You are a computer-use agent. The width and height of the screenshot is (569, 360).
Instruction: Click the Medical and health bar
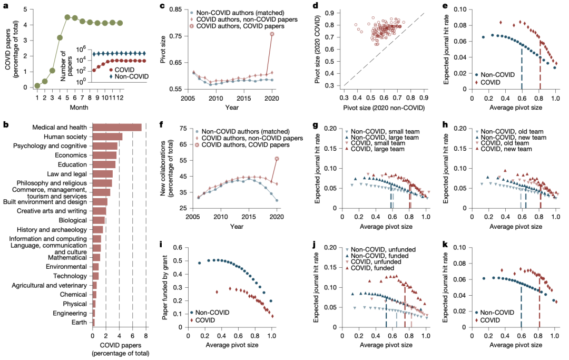click(x=117, y=128)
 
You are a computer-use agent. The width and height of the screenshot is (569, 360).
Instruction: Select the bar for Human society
click(x=107, y=137)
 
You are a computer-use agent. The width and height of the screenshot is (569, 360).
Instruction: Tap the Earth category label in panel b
click(x=79, y=322)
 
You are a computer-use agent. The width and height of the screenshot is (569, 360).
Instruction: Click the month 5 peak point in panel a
click(x=67, y=17)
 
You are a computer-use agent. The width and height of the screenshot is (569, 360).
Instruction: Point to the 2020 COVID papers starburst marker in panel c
click(x=272, y=34)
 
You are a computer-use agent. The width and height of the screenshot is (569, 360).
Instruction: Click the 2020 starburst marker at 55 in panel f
click(x=277, y=159)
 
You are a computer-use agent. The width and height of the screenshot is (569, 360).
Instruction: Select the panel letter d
click(x=316, y=6)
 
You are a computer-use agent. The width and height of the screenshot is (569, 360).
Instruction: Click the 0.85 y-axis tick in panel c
click(x=175, y=9)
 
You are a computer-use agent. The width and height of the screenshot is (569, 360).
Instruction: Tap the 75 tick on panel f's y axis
click(x=183, y=129)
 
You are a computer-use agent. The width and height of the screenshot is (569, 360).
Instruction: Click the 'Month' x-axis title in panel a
click(x=79, y=108)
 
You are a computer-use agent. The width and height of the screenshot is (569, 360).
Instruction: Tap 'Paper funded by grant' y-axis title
click(x=165, y=287)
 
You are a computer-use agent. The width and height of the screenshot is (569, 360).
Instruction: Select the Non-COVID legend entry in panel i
click(x=210, y=313)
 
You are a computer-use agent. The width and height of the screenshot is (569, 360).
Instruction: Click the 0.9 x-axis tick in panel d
click(x=424, y=98)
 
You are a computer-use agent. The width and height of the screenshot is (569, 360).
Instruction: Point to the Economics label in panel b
click(x=71, y=155)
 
